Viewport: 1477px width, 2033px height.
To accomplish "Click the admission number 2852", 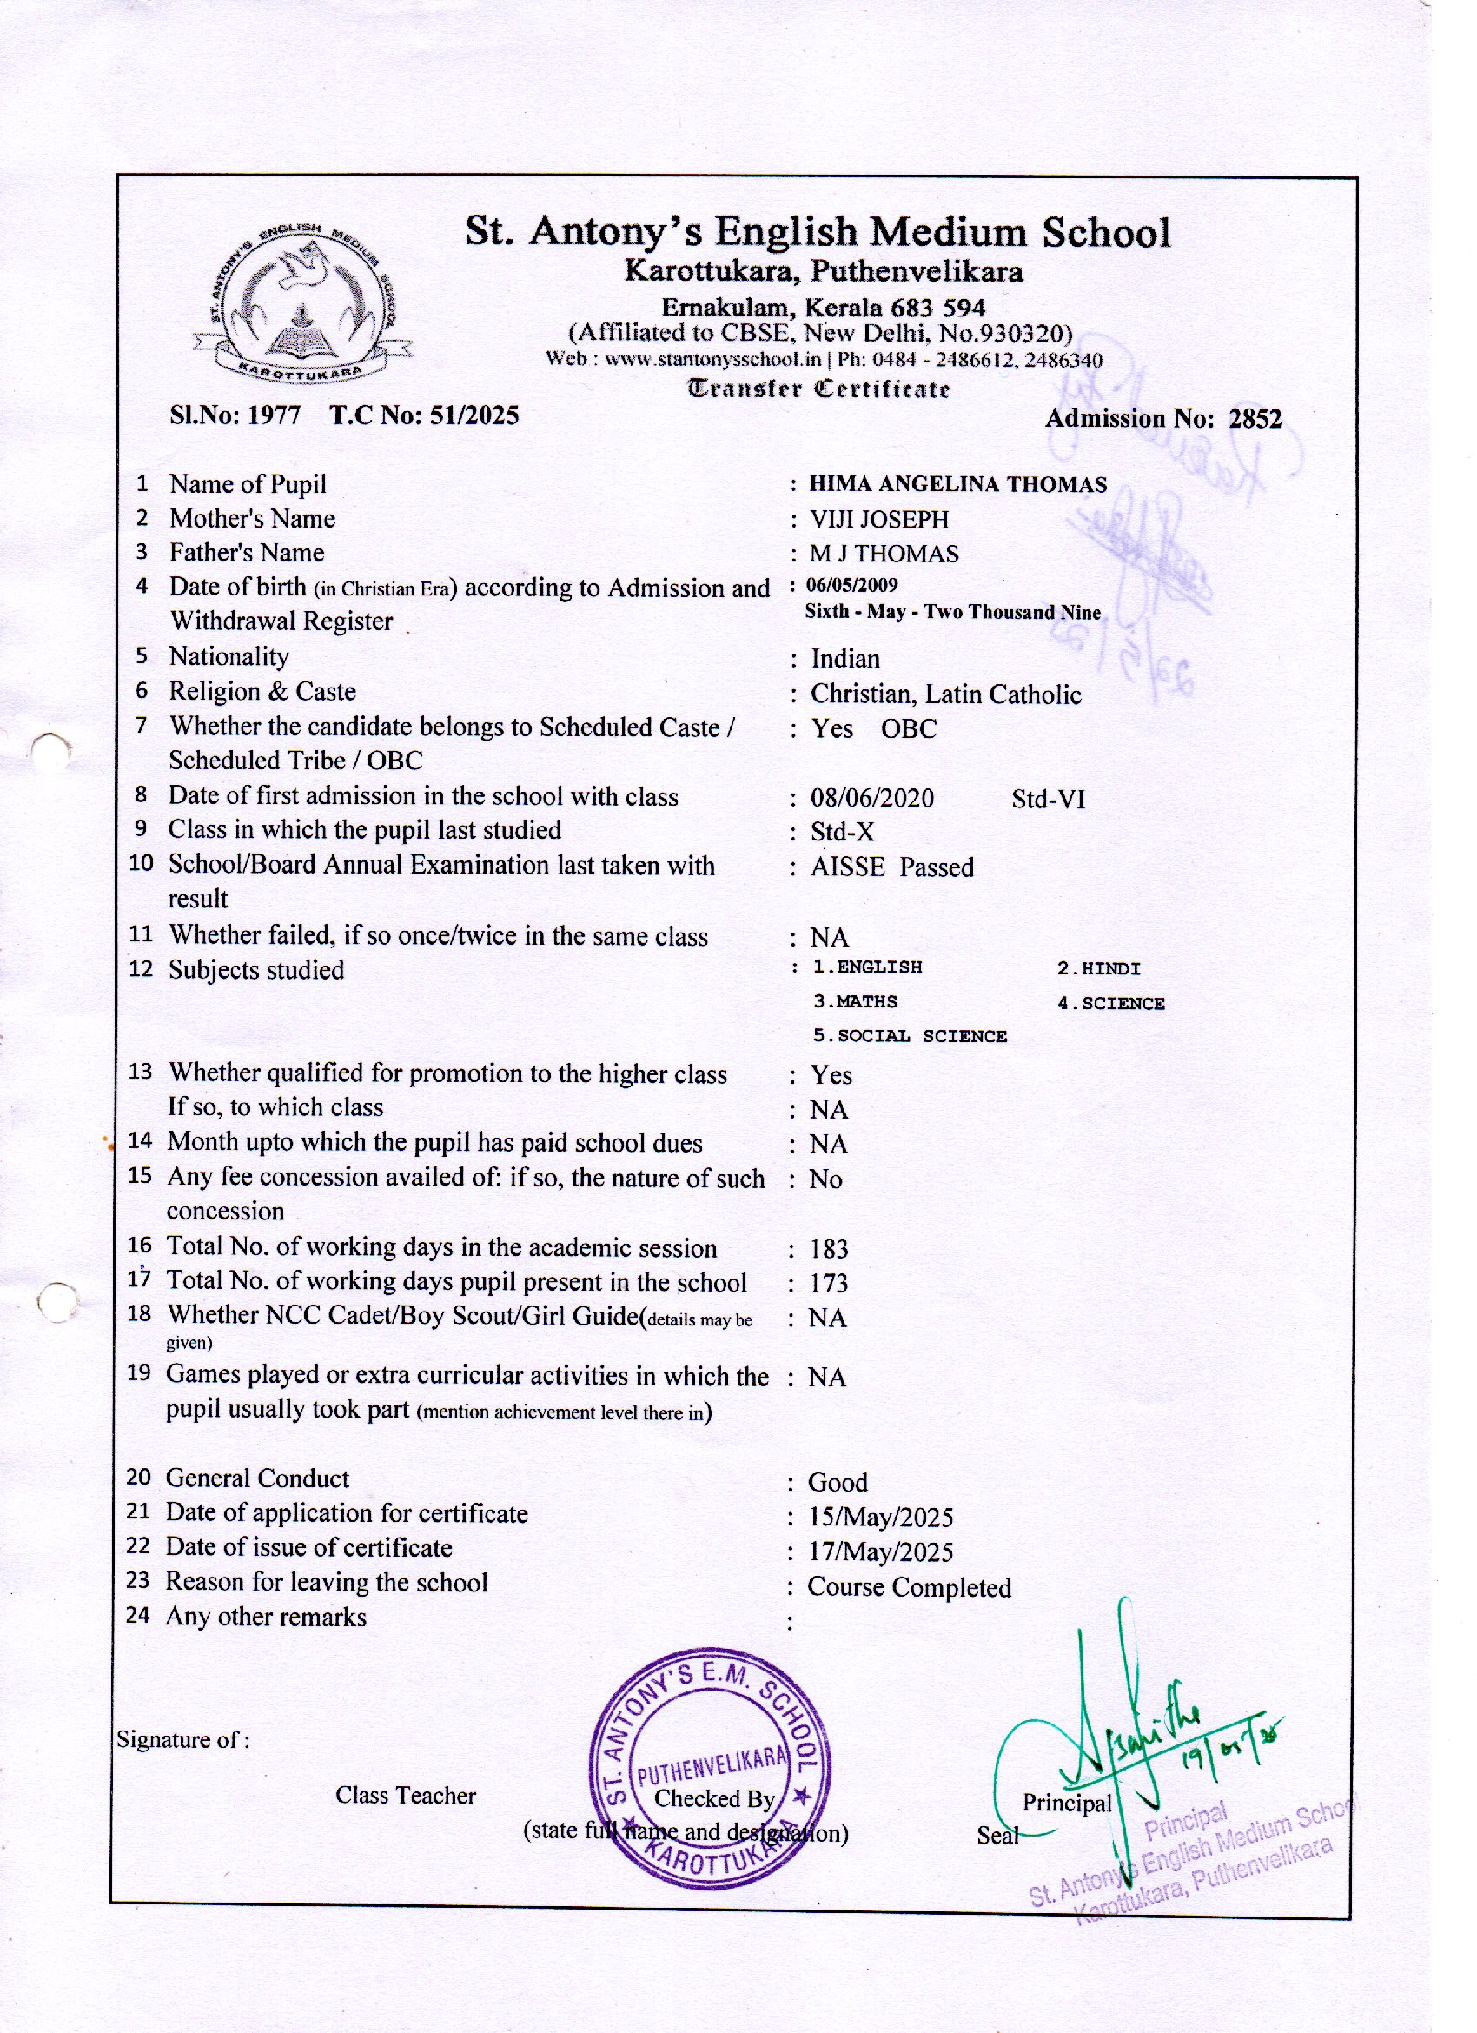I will [x=1255, y=419].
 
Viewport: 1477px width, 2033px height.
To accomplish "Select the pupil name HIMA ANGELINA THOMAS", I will [x=958, y=485].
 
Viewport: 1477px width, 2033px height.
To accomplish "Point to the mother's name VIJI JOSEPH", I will [x=879, y=519].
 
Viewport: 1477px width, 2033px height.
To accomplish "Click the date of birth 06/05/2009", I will [x=852, y=585].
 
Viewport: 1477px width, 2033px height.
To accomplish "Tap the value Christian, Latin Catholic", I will [x=945, y=694].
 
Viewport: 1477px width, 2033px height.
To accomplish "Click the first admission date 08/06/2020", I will [x=872, y=798].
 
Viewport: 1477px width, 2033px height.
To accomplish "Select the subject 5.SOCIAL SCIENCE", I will [x=910, y=1036].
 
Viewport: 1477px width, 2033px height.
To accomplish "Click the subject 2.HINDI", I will [x=1098, y=968].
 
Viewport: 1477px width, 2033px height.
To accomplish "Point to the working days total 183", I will [x=829, y=1249].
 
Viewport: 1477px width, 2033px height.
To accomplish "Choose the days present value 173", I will [x=829, y=1284].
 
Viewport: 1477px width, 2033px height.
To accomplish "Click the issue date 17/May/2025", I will [x=881, y=1551].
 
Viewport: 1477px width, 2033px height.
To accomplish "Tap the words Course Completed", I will [x=909, y=1587].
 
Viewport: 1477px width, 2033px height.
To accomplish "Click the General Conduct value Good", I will [x=837, y=1483].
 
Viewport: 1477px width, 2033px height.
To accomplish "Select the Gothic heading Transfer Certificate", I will [x=818, y=389].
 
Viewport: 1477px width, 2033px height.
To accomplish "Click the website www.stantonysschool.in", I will [x=712, y=361].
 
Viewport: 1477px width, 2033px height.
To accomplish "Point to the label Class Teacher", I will [x=405, y=1796].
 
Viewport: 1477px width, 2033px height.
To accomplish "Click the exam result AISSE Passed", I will [x=891, y=867].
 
